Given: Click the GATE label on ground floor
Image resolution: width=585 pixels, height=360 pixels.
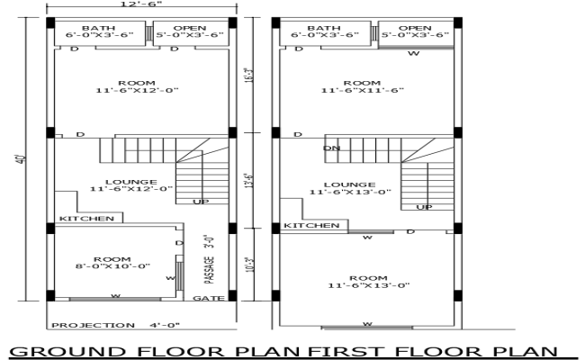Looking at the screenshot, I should point(207,298).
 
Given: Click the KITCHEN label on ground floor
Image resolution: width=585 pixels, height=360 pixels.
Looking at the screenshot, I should point(86,219).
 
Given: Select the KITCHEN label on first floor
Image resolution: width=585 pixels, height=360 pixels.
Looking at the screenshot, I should point(311,225).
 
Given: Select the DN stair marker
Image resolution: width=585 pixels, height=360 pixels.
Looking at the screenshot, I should point(331,148).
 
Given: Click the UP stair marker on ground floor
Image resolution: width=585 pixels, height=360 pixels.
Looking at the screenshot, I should point(200,202).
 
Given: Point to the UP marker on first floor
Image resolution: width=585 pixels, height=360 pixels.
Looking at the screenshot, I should point(423,208).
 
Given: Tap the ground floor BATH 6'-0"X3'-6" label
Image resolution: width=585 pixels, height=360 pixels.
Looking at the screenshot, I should point(98,31).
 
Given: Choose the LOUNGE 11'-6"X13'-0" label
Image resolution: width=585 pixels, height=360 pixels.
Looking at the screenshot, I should point(349,187).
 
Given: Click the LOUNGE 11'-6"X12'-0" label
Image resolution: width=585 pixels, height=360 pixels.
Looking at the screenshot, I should point(130,184).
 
